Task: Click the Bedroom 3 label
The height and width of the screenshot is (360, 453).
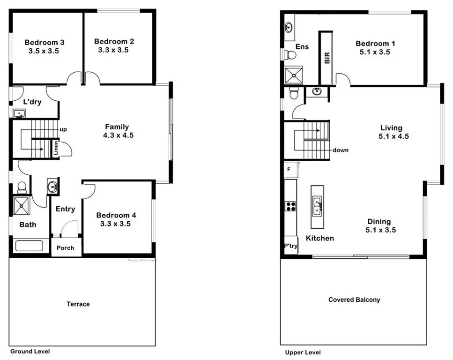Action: tap(45, 42)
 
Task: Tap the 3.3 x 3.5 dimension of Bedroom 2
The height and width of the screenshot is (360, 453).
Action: tap(113, 50)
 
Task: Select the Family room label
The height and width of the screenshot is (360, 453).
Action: tap(117, 127)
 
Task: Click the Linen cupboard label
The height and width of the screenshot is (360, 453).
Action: tap(56, 148)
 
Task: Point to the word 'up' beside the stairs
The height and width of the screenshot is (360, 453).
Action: tap(62, 129)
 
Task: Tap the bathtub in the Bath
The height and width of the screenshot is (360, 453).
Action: tap(30, 246)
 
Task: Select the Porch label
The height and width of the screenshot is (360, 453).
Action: tap(66, 248)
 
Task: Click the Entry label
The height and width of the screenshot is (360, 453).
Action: tap(65, 209)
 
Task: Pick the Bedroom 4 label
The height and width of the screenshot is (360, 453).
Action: tap(116, 215)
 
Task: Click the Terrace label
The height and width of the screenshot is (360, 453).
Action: tap(78, 304)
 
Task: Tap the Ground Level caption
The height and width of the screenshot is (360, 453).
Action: tap(30, 351)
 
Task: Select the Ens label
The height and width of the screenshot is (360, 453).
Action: tap(302, 46)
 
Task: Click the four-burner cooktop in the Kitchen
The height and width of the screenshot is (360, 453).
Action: tap(290, 206)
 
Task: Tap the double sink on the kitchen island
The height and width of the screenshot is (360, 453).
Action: tap(318, 206)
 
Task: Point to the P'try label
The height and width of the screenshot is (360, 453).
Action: tap(290, 246)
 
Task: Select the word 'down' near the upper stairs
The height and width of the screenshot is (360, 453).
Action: tap(340, 150)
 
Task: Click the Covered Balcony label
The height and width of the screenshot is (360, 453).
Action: tap(354, 300)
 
